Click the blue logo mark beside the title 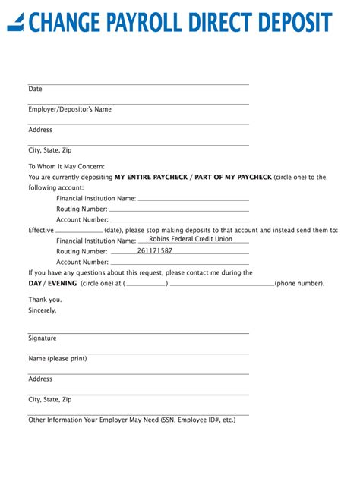[16, 23]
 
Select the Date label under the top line [36, 89]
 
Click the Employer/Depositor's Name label [70, 109]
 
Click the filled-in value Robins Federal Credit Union [191, 239]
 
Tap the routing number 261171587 [155, 250]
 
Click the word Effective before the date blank [41, 230]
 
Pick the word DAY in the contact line [36, 283]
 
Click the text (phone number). [300, 283]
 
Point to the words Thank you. [46, 299]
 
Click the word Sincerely [43, 310]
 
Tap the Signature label [43, 338]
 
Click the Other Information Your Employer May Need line [131, 419]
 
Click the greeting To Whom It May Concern [67, 166]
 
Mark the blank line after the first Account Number [179, 219]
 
